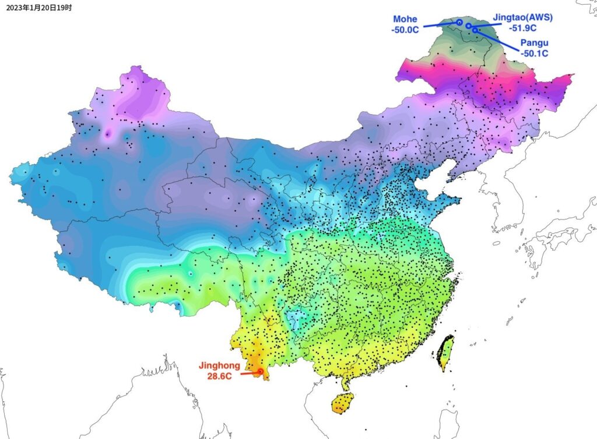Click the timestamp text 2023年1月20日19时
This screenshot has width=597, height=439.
click(39, 8)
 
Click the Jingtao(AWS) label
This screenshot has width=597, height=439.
click(522, 17)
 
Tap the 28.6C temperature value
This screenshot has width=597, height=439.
click(220, 376)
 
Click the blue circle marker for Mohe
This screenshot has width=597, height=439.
click(459, 22)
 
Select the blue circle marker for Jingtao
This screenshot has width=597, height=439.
click(468, 26)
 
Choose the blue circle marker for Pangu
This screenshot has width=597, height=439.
click(475, 29)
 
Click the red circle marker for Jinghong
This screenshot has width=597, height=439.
click(260, 371)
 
